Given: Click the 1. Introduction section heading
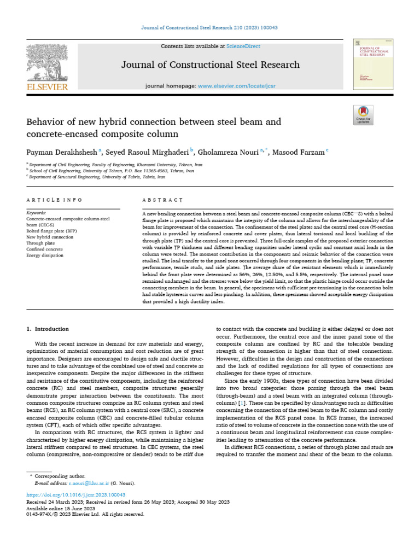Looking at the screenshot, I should [48, 329].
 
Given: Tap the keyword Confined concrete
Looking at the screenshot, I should [45, 249].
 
